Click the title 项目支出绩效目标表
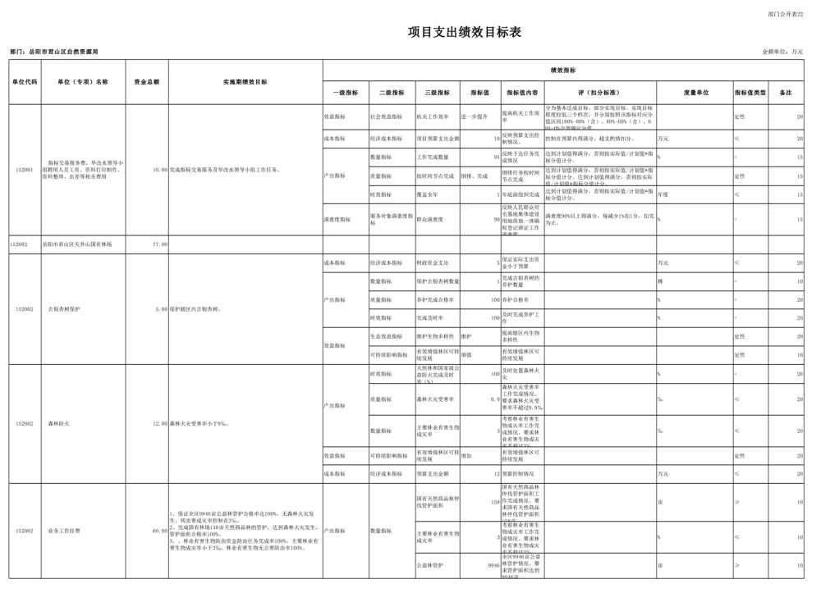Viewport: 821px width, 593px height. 465,33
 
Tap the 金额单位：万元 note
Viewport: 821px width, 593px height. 783,52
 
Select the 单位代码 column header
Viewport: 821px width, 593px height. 25,82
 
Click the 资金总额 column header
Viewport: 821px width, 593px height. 147,82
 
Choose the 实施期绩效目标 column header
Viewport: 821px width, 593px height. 245,82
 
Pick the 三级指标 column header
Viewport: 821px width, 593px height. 437,93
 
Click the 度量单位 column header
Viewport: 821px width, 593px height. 695,93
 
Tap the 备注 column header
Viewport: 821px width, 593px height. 786,93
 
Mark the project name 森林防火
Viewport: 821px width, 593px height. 57,424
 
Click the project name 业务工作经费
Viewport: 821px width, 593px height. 62,531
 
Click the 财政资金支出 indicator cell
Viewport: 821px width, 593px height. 433,263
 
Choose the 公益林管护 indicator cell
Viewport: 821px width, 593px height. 430,565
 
